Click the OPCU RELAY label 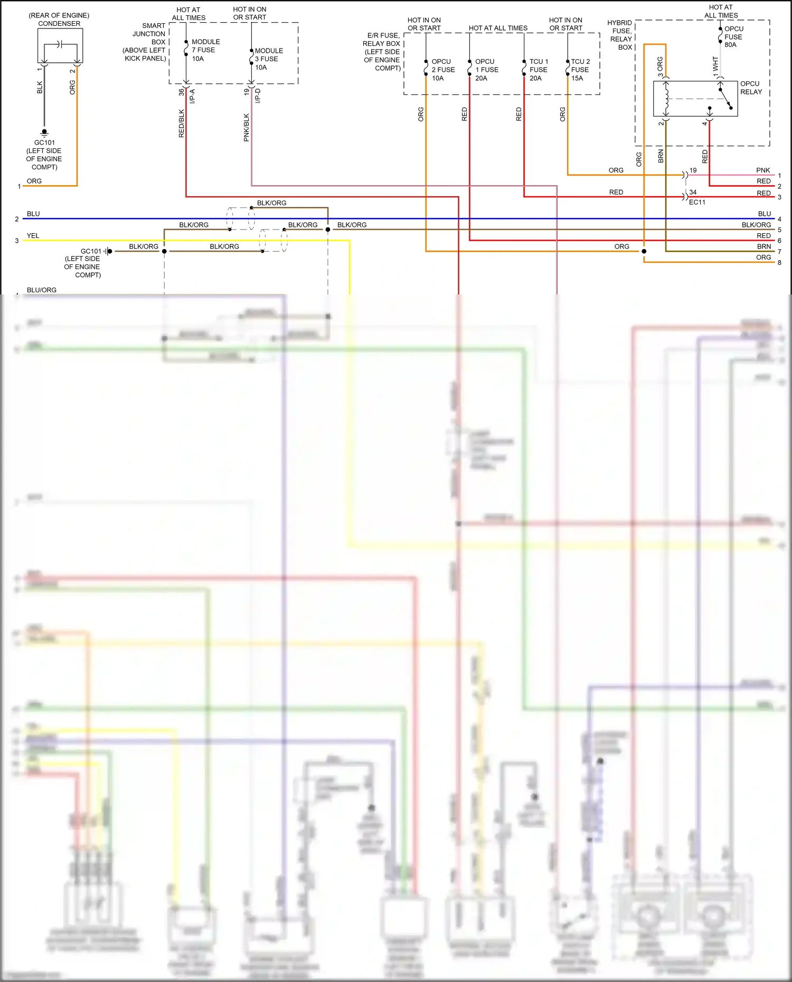(x=751, y=88)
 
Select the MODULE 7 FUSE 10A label (x=205, y=50)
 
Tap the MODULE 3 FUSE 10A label (x=269, y=59)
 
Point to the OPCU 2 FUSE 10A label (x=442, y=70)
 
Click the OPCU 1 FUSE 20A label (x=486, y=70)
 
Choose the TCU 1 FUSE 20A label (x=539, y=70)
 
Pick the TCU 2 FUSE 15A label (x=580, y=70)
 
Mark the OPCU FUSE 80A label (x=733, y=37)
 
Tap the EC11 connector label (x=697, y=202)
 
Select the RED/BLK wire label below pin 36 (x=182, y=123)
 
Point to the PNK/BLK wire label (x=247, y=128)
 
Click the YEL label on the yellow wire (x=33, y=236)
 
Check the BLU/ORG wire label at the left (x=41, y=290)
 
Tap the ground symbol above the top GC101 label (x=44, y=132)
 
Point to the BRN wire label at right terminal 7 (x=763, y=246)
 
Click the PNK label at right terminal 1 (x=763, y=170)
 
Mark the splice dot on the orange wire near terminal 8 (x=644, y=251)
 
